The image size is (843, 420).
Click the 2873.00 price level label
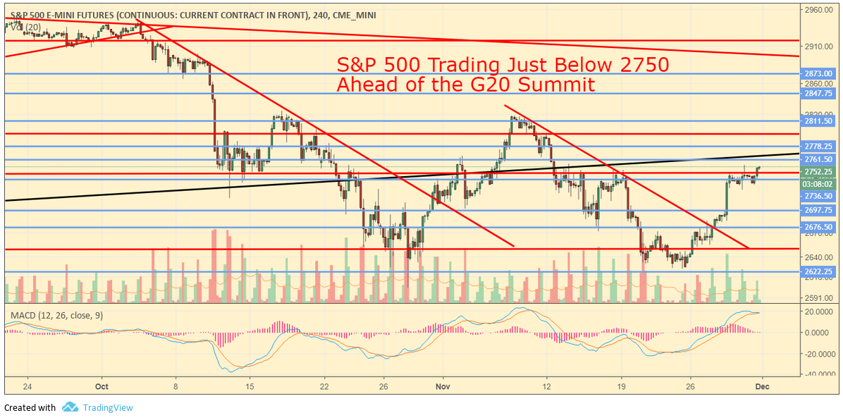818,73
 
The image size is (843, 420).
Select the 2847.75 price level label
818,93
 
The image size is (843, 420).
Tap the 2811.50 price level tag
818,121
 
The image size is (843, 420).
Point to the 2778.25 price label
818,146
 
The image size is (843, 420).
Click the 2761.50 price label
818,160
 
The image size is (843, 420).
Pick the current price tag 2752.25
818,172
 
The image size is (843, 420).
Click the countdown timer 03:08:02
818,183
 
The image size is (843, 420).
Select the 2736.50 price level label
818,196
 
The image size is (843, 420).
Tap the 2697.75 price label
818,211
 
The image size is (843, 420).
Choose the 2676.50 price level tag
818,227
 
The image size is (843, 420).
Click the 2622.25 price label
818,271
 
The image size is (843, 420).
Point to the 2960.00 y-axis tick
818,11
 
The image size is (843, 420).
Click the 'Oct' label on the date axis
101,386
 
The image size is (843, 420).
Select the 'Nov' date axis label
443,386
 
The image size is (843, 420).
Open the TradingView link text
107,407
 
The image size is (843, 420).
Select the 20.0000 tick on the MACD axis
820,311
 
